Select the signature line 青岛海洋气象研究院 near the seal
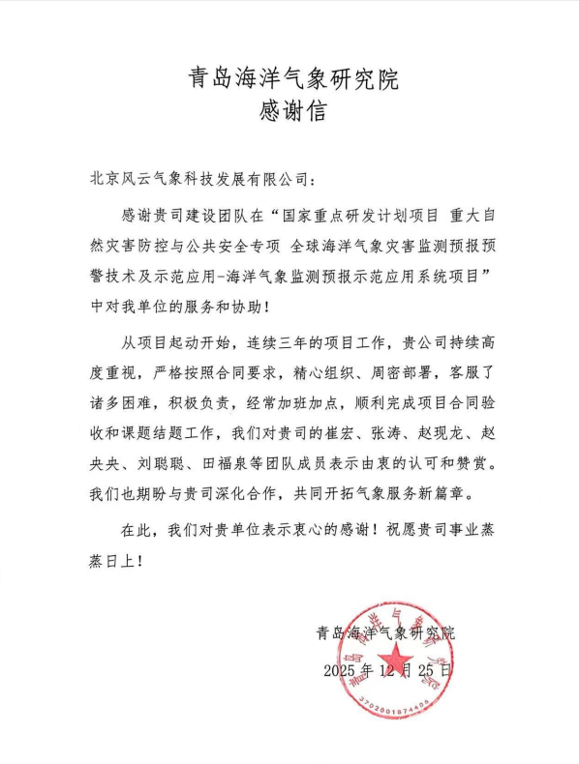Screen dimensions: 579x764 point(384,633)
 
